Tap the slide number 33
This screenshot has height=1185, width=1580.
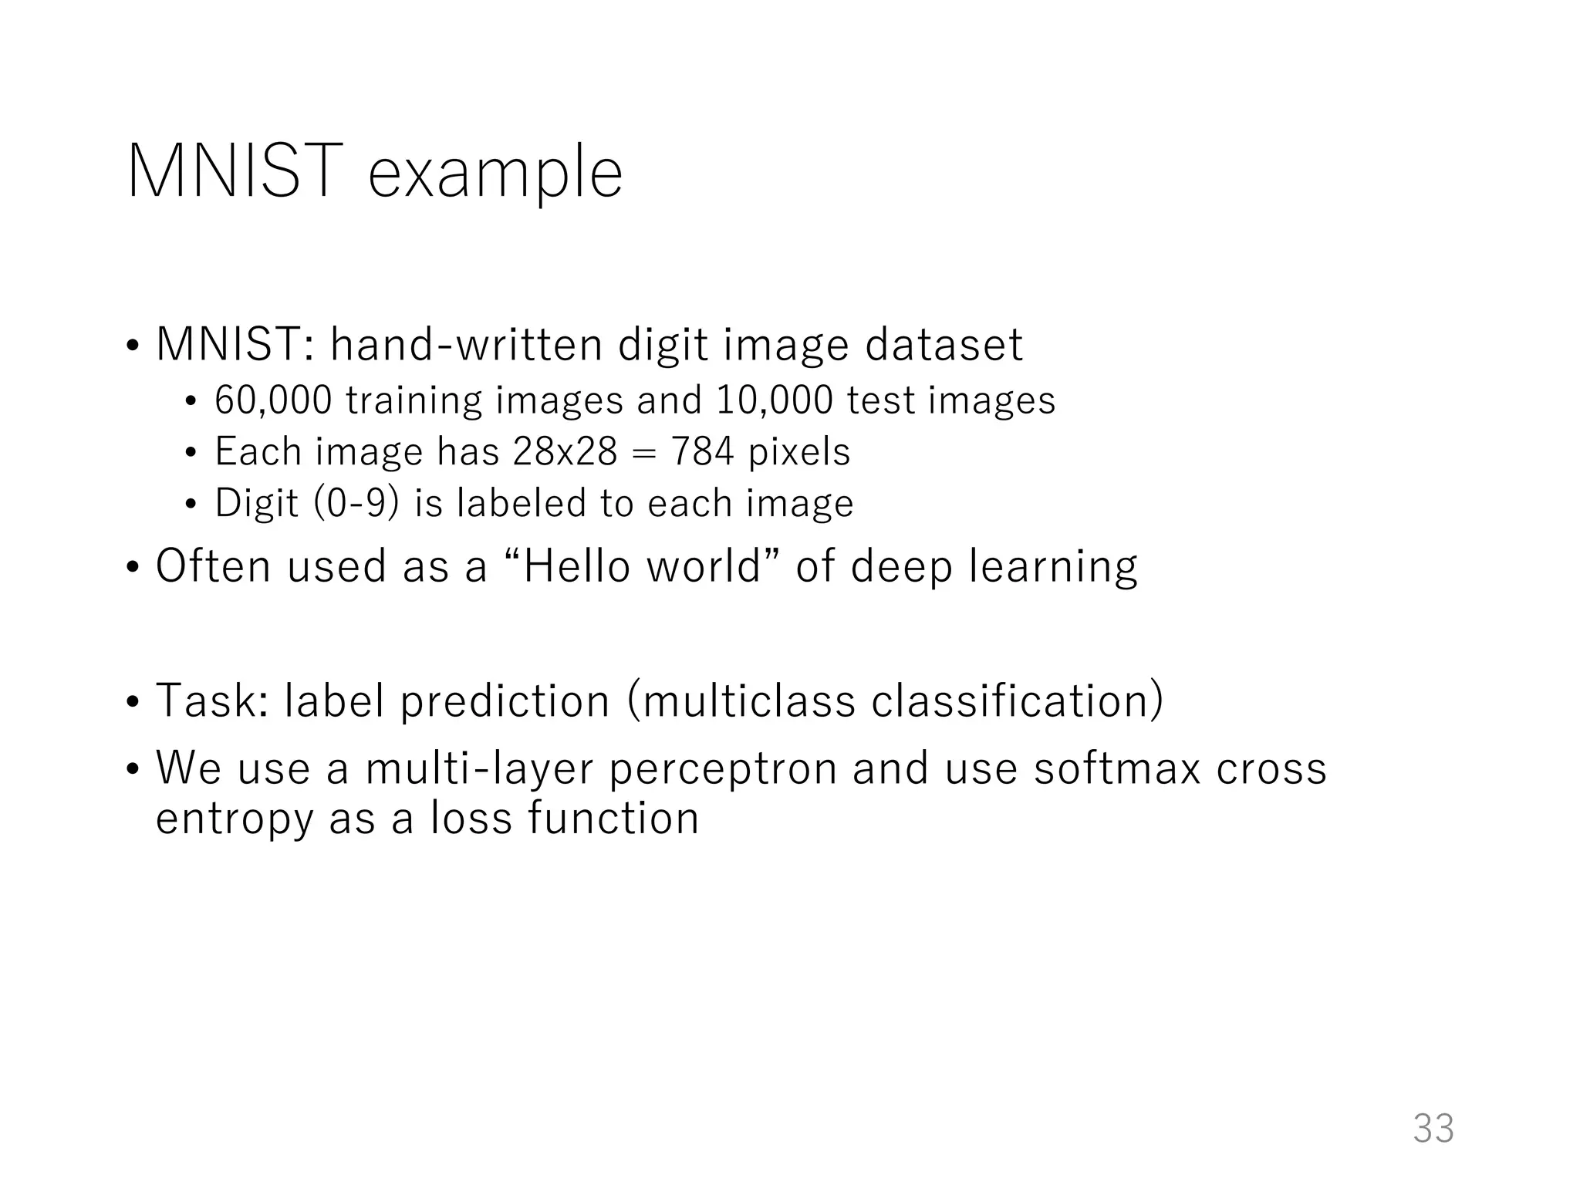pos(1433,1128)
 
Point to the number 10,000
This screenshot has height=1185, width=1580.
pos(775,400)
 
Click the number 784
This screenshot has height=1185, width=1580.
pos(702,451)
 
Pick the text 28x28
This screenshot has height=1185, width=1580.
pos(565,451)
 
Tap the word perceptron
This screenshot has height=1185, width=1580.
pos(723,770)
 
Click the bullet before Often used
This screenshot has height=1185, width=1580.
pos(133,567)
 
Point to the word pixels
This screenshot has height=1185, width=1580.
pos(799,451)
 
